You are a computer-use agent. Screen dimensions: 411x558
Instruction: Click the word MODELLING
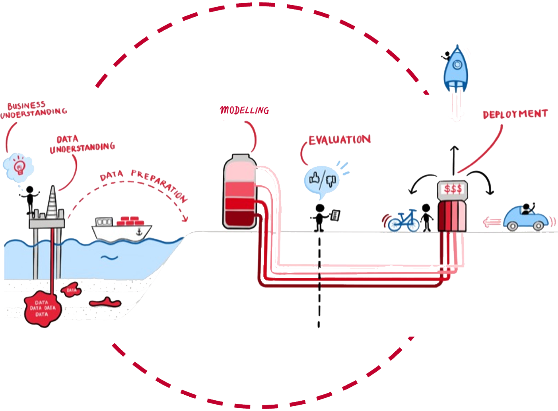coord(245,110)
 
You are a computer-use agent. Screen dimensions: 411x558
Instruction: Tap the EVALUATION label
coord(340,140)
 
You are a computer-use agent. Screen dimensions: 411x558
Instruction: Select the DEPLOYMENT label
coord(515,114)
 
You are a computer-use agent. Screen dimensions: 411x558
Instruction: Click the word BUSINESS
coord(26,105)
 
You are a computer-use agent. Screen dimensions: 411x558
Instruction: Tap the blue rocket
coord(456,70)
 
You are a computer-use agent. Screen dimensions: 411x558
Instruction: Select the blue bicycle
coord(403,221)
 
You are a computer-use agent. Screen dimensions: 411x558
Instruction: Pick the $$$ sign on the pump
coord(453,189)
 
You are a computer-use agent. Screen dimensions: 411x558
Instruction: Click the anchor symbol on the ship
coord(139,232)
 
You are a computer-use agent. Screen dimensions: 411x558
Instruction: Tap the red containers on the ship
coord(131,221)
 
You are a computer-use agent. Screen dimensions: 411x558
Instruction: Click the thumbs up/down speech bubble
coord(322,180)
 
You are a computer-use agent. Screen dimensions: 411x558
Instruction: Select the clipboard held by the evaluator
coord(336,215)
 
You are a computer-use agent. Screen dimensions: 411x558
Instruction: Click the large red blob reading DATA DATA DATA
coord(42,309)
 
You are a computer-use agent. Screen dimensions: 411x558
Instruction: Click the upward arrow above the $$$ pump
coord(454,159)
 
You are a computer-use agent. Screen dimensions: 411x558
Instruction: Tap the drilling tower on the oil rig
coord(52,203)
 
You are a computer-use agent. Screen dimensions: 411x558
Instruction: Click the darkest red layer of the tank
coord(239,219)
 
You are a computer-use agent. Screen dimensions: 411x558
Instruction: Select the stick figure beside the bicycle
coord(426,217)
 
